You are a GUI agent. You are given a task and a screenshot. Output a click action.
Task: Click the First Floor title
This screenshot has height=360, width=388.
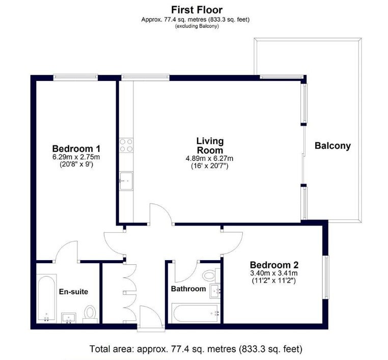pos(197,10)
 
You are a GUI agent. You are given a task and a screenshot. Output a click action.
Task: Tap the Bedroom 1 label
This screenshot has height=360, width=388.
pos(76,149)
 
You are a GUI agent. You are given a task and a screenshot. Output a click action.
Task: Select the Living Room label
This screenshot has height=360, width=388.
pos(210,146)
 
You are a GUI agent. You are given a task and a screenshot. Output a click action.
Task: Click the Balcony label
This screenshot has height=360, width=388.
pos(332,146)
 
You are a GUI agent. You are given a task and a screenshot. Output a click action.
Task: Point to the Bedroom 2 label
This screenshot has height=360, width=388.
pos(274,265)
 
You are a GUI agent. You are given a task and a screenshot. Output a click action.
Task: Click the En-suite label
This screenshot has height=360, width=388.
pos(73,292)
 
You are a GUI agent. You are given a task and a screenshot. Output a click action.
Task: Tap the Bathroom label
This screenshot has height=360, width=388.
pos(188,289)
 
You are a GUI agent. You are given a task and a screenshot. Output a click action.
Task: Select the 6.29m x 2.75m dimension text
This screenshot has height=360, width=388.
pos(76,157)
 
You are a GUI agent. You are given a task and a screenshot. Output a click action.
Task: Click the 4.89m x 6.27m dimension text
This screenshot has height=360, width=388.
pos(210,158)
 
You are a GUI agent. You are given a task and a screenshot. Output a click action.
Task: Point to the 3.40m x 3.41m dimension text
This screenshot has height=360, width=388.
pos(274,273)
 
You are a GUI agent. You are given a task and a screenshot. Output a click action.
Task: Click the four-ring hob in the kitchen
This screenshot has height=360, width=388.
pos(126,145)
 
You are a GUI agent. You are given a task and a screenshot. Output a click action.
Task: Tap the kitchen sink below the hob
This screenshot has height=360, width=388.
pos(126,181)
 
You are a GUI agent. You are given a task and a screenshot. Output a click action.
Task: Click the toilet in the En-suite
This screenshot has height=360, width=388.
pos(90,314)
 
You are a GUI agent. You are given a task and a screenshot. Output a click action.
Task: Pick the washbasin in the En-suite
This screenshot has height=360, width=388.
pos(69,318)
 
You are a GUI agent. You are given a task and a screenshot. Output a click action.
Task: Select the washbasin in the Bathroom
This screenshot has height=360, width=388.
pos(215,291)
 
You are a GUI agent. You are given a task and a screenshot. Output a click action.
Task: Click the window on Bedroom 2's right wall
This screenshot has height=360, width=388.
pos(327,278)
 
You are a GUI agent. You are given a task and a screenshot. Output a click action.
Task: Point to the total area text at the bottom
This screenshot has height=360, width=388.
pos(196,349)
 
